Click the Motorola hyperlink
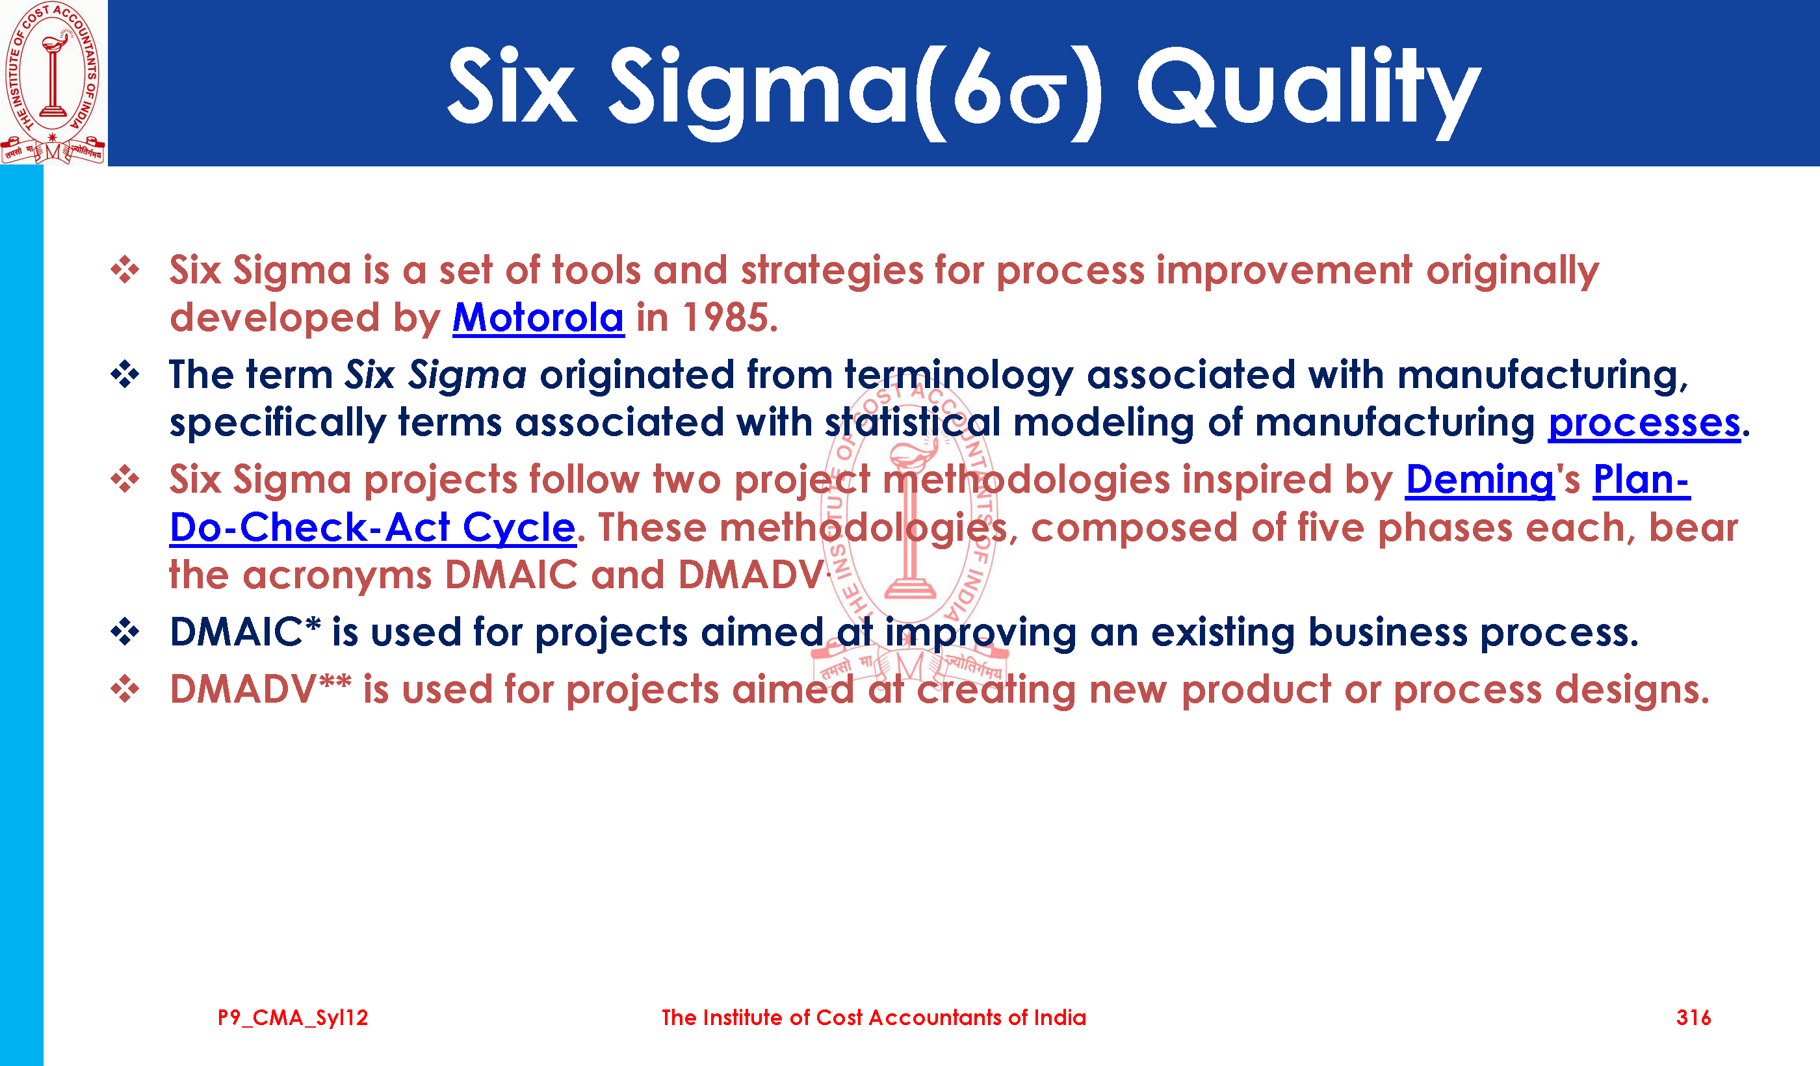[538, 318]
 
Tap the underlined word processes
[1644, 423]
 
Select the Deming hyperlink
[1480, 480]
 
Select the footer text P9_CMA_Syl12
[293, 1019]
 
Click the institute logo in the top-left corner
[53, 83]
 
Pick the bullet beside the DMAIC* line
[125, 632]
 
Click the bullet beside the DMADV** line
[125, 689]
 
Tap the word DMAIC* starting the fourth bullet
[245, 632]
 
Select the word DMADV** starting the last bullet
[261, 689]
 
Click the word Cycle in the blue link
[519, 527]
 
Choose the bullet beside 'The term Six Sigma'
[125, 375]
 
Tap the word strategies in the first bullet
[831, 272]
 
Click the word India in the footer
[1059, 1018]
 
